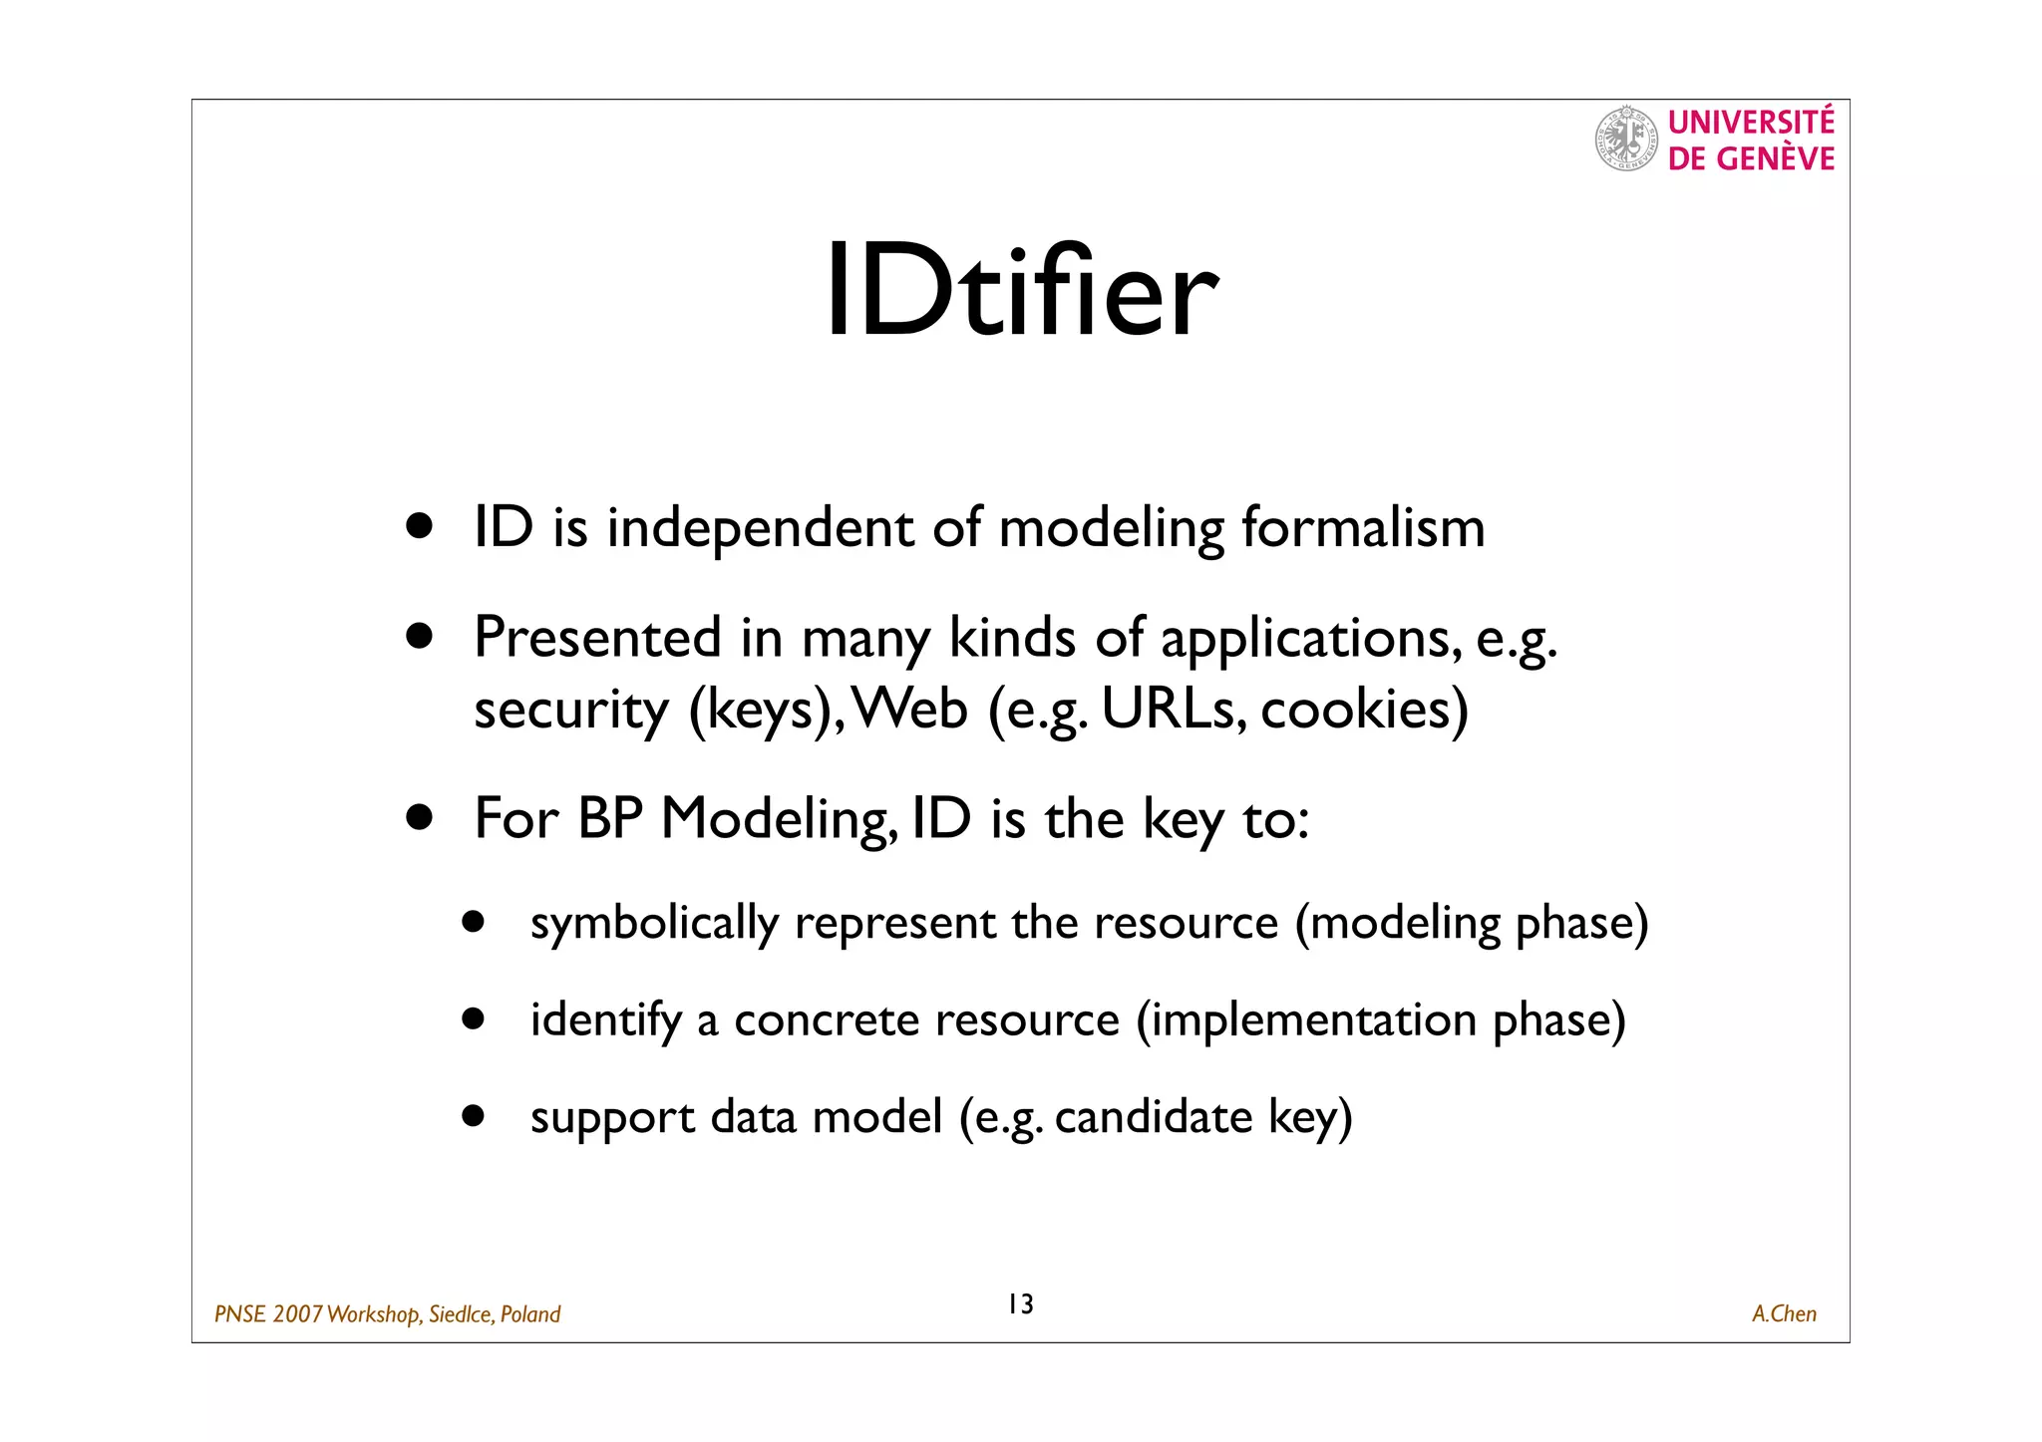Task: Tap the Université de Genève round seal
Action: click(x=1626, y=139)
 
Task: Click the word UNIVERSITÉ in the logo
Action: click(x=1751, y=123)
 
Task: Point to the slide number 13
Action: click(x=1020, y=1303)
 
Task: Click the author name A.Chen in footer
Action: click(x=1784, y=1313)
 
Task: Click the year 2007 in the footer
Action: click(x=297, y=1314)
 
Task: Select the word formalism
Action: click(x=1363, y=527)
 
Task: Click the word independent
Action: click(x=760, y=528)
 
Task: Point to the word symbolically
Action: click(x=654, y=924)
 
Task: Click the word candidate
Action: click(x=1153, y=1117)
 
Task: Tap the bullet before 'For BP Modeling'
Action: click(x=420, y=818)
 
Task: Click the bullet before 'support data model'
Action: click(x=473, y=1115)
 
